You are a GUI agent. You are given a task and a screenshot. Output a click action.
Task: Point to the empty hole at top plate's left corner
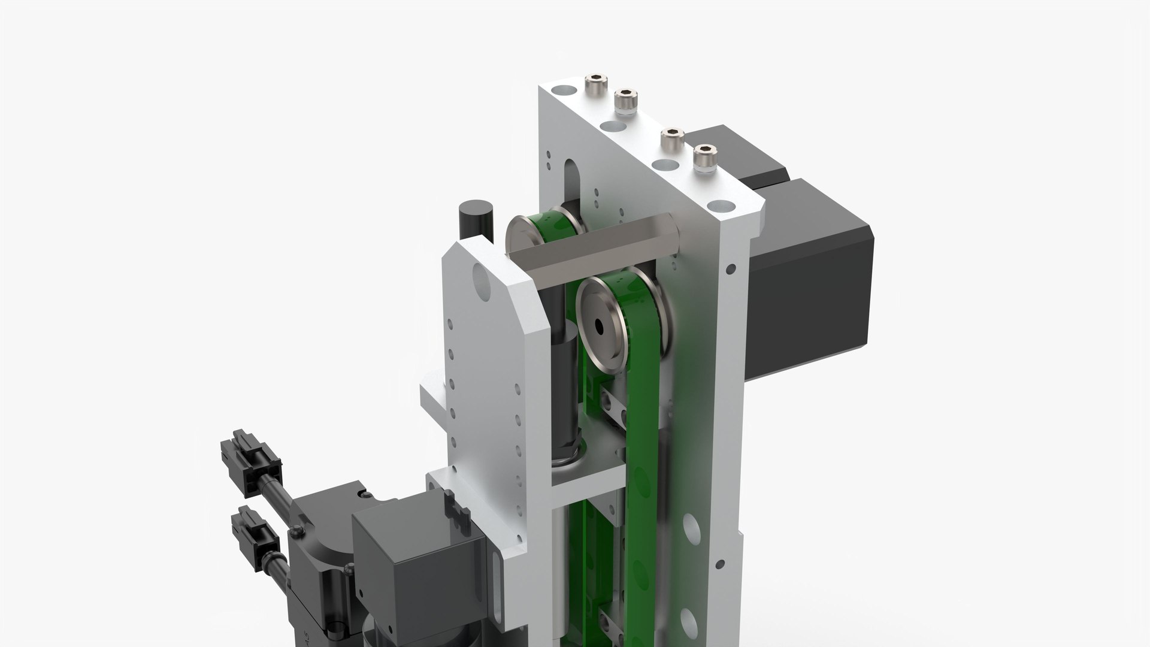(x=562, y=93)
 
